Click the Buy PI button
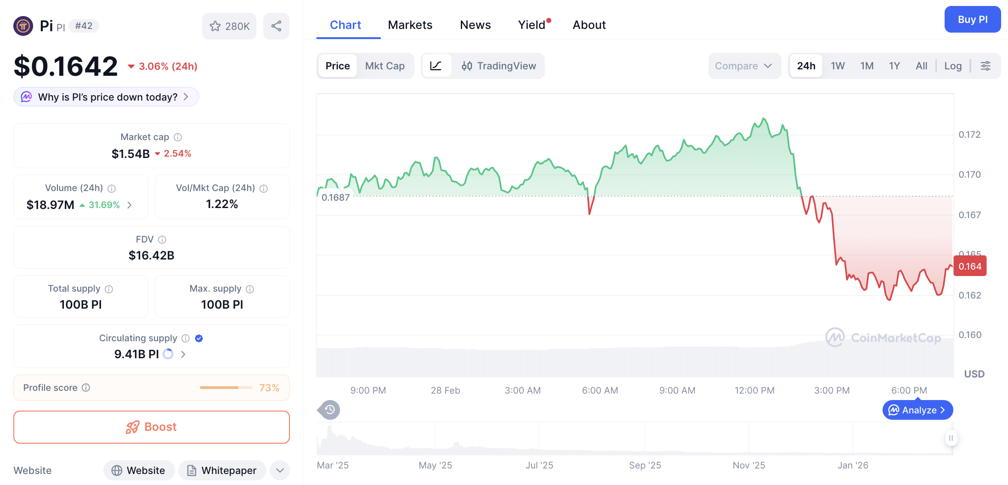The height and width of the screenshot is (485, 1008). (972, 20)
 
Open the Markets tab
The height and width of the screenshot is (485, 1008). (410, 25)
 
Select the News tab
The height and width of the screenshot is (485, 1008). (475, 25)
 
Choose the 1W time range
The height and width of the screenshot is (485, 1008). (838, 66)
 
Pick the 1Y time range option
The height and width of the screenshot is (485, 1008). (894, 66)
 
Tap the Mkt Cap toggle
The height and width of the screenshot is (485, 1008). (385, 66)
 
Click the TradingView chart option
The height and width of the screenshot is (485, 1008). (498, 66)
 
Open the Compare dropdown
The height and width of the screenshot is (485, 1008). (743, 66)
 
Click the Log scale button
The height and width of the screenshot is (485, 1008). (953, 66)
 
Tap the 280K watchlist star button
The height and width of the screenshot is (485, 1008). (229, 26)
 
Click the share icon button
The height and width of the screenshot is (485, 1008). (276, 26)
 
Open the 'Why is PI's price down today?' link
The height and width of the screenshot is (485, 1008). (107, 97)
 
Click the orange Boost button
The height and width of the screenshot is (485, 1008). (152, 427)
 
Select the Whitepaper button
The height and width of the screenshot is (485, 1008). (222, 470)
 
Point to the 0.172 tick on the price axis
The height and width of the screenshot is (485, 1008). (969, 135)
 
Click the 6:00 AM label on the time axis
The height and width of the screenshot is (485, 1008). (600, 390)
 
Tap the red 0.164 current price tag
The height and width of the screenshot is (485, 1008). (970, 266)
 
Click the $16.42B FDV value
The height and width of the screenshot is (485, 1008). (152, 255)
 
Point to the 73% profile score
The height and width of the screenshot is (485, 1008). (269, 388)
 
